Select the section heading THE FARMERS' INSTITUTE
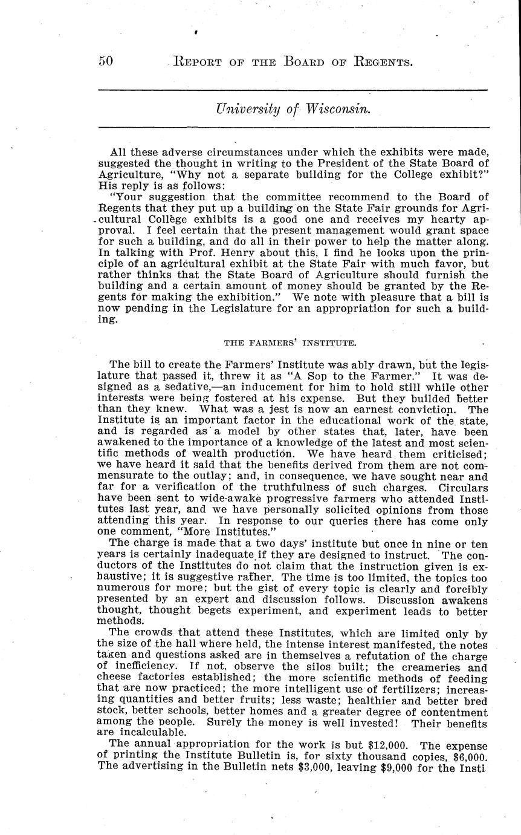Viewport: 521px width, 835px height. click(290, 343)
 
